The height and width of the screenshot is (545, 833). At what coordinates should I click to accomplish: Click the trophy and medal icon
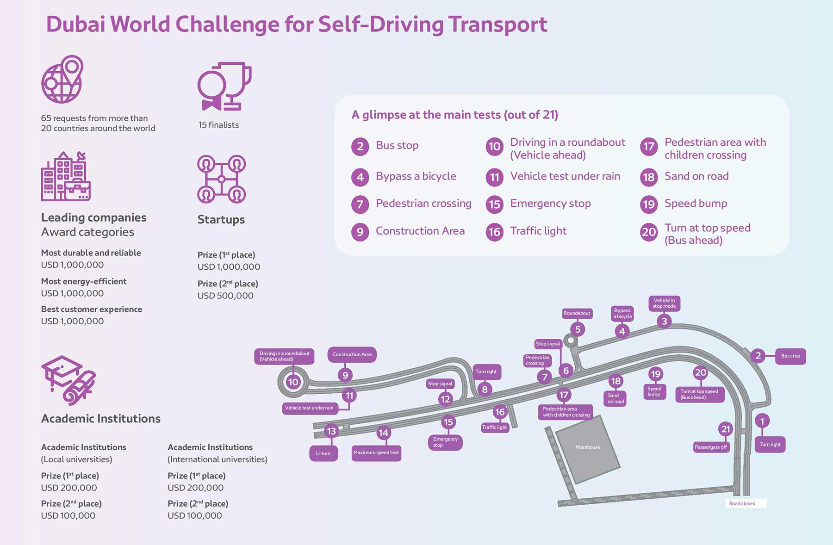point(224,87)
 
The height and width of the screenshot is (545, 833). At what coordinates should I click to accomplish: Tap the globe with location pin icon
point(62,80)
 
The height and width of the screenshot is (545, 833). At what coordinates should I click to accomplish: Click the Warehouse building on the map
point(588,447)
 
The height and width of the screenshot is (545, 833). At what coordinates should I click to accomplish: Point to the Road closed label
point(742,503)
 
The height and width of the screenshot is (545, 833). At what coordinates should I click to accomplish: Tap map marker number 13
point(331,431)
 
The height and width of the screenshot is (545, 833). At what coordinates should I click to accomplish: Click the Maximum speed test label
point(376,452)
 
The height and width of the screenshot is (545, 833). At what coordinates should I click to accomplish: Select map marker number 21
point(726,429)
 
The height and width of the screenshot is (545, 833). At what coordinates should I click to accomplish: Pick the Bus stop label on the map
point(790,356)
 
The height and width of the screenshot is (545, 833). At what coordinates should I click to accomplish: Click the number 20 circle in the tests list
point(649,232)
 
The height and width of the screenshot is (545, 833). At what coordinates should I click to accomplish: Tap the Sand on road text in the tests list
point(696,176)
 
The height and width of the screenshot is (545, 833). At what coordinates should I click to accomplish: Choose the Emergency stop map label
point(445,442)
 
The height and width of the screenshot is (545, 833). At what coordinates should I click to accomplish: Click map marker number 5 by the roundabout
point(578,329)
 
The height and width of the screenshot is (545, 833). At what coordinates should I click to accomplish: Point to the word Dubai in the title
point(75,25)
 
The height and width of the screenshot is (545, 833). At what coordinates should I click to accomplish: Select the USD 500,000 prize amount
point(225,296)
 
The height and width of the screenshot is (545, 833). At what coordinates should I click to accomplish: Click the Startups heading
point(221,219)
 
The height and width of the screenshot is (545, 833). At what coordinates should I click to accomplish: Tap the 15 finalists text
point(218,125)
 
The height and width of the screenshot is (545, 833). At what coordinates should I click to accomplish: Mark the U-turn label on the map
point(323,453)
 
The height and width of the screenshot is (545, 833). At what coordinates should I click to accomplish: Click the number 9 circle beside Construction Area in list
point(360,231)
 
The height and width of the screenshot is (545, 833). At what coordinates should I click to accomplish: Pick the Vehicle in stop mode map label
point(664,303)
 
